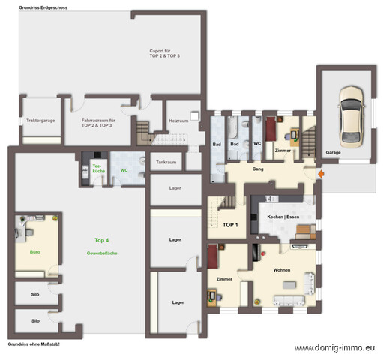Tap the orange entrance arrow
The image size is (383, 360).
click(x=321, y=175)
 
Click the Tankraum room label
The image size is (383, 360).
click(x=166, y=161)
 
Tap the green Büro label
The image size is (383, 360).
click(x=34, y=252)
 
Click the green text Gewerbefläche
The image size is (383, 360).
click(x=101, y=254)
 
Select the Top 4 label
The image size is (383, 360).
click(x=101, y=240)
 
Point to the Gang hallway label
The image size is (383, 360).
click(x=258, y=170)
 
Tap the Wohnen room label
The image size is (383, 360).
click(x=282, y=269)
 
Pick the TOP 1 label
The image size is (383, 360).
click(x=230, y=225)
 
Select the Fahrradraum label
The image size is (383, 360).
click(x=98, y=122)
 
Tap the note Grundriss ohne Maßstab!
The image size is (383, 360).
click(x=33, y=343)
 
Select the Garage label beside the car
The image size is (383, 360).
click(x=333, y=152)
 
